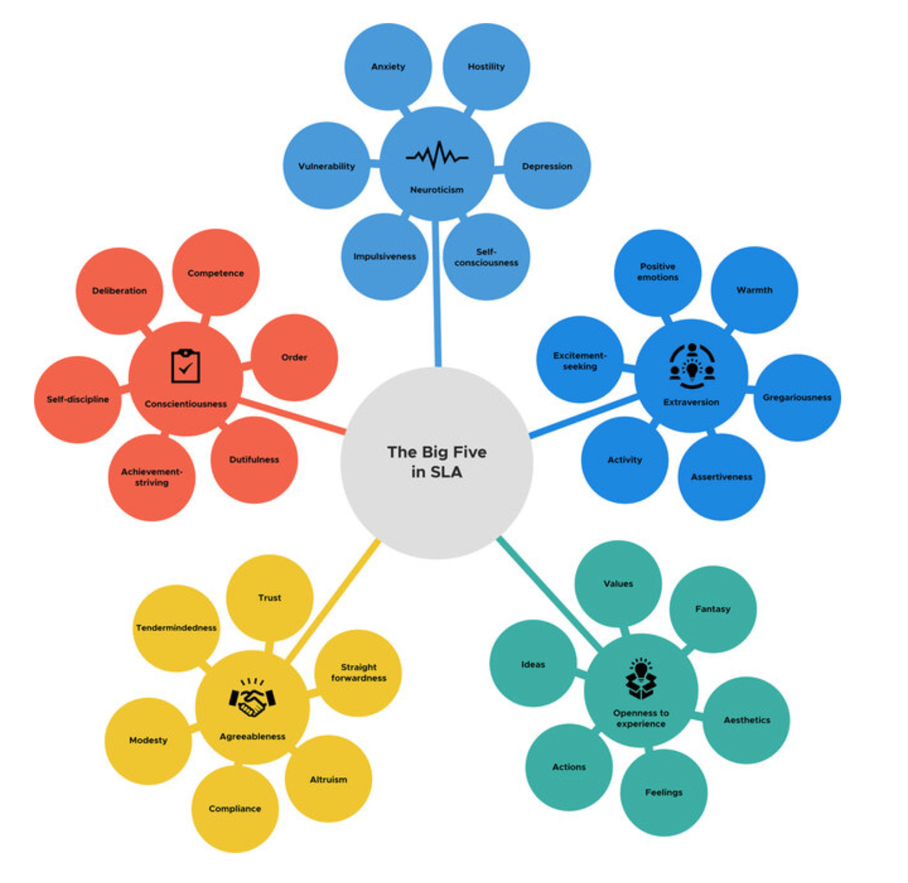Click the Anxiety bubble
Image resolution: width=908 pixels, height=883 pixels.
[x=388, y=67]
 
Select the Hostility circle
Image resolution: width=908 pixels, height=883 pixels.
[x=486, y=67]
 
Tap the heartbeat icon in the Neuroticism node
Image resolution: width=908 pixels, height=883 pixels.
[x=437, y=155]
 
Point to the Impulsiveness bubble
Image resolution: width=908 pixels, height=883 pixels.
[x=384, y=257]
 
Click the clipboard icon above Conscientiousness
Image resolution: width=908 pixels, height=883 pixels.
[x=185, y=366]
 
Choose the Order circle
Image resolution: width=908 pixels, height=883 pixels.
[x=294, y=357]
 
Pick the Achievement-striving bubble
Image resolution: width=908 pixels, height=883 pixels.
[x=151, y=477]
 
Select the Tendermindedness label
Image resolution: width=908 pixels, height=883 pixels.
[x=176, y=628]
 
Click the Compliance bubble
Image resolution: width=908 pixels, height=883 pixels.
[x=235, y=809]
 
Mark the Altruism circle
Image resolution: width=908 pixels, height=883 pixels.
[x=328, y=779]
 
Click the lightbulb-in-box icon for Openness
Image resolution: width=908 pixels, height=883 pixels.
[x=640, y=679]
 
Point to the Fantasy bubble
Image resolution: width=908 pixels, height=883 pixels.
[x=712, y=609]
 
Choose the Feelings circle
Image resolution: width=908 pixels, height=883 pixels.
[x=663, y=793]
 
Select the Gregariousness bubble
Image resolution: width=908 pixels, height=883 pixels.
[x=797, y=397]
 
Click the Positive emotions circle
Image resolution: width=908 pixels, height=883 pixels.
[x=658, y=272]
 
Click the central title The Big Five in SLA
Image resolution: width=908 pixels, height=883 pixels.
[x=437, y=462]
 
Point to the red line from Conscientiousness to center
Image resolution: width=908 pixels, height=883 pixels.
[x=293, y=416]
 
